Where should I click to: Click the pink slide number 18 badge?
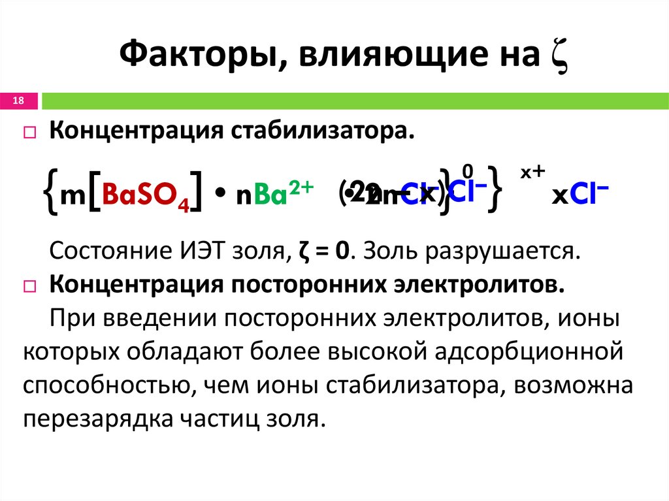coord(18,101)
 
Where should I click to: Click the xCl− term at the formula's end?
coord(580,195)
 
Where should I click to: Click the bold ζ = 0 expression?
coord(318,251)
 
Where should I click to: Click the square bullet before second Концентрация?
coord(29,286)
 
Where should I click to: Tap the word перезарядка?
coord(93,418)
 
